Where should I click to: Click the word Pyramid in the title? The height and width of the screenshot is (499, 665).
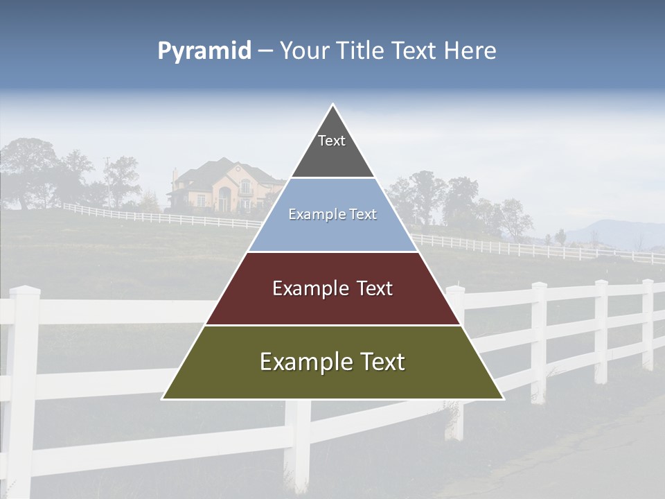pyautogui.click(x=204, y=51)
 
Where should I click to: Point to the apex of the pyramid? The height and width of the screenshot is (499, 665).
pyautogui.click(x=333, y=105)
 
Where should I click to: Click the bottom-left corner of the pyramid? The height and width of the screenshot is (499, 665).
pyautogui.click(x=163, y=399)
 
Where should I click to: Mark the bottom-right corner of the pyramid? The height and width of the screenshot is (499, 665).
pyautogui.click(x=503, y=399)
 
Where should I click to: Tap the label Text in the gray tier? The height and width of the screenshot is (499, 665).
pyautogui.click(x=332, y=141)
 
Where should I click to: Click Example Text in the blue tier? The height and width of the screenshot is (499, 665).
pyautogui.click(x=332, y=214)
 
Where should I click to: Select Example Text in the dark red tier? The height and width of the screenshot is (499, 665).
pyautogui.click(x=332, y=288)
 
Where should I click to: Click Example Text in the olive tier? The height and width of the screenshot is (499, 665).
pyautogui.click(x=332, y=362)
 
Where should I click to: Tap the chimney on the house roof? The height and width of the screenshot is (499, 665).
pyautogui.click(x=175, y=174)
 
